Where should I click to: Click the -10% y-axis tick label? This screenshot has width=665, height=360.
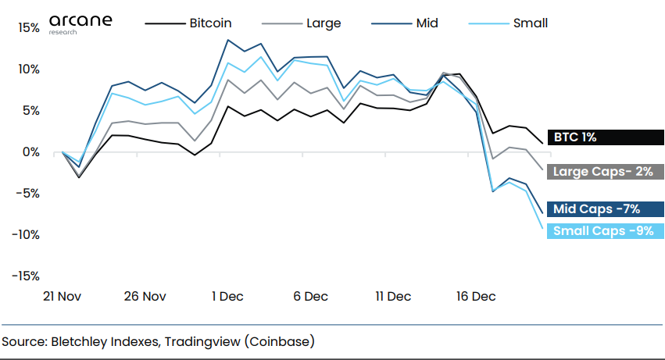(25, 235)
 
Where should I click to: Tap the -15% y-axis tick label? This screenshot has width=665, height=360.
(25, 276)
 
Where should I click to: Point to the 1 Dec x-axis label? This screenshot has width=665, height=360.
(227, 297)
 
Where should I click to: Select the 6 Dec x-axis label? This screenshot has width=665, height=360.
(310, 297)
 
